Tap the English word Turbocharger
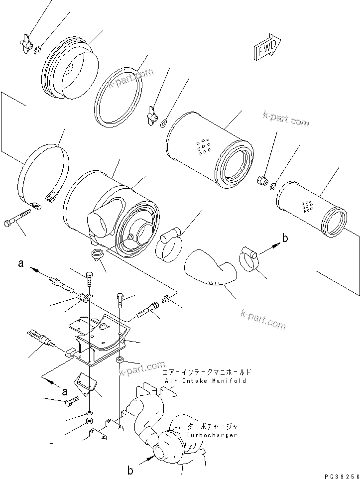pyautogui.click(x=212, y=435)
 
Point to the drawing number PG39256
pyautogui.click(x=341, y=474)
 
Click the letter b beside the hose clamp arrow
pyautogui.click(x=285, y=239)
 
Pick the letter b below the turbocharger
pyautogui.click(x=130, y=469)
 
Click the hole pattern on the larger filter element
pyautogui.click(x=204, y=146)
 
